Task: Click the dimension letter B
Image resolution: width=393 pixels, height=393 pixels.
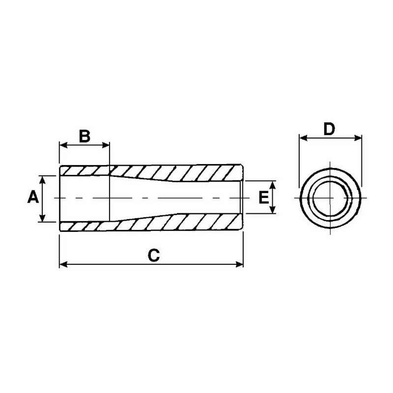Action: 84,135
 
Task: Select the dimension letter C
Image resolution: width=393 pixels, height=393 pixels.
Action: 154,255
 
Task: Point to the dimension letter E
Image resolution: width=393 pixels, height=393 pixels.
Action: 264,197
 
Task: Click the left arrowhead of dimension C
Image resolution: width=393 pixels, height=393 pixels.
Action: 62,265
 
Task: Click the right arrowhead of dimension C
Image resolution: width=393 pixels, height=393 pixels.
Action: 240,265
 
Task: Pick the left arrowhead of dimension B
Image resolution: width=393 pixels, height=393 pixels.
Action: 62,145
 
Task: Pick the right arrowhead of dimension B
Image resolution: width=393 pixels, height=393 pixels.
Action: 106,145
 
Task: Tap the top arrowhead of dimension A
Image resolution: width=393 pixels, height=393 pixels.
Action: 43,179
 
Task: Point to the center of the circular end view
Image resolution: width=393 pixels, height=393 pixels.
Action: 331,197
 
